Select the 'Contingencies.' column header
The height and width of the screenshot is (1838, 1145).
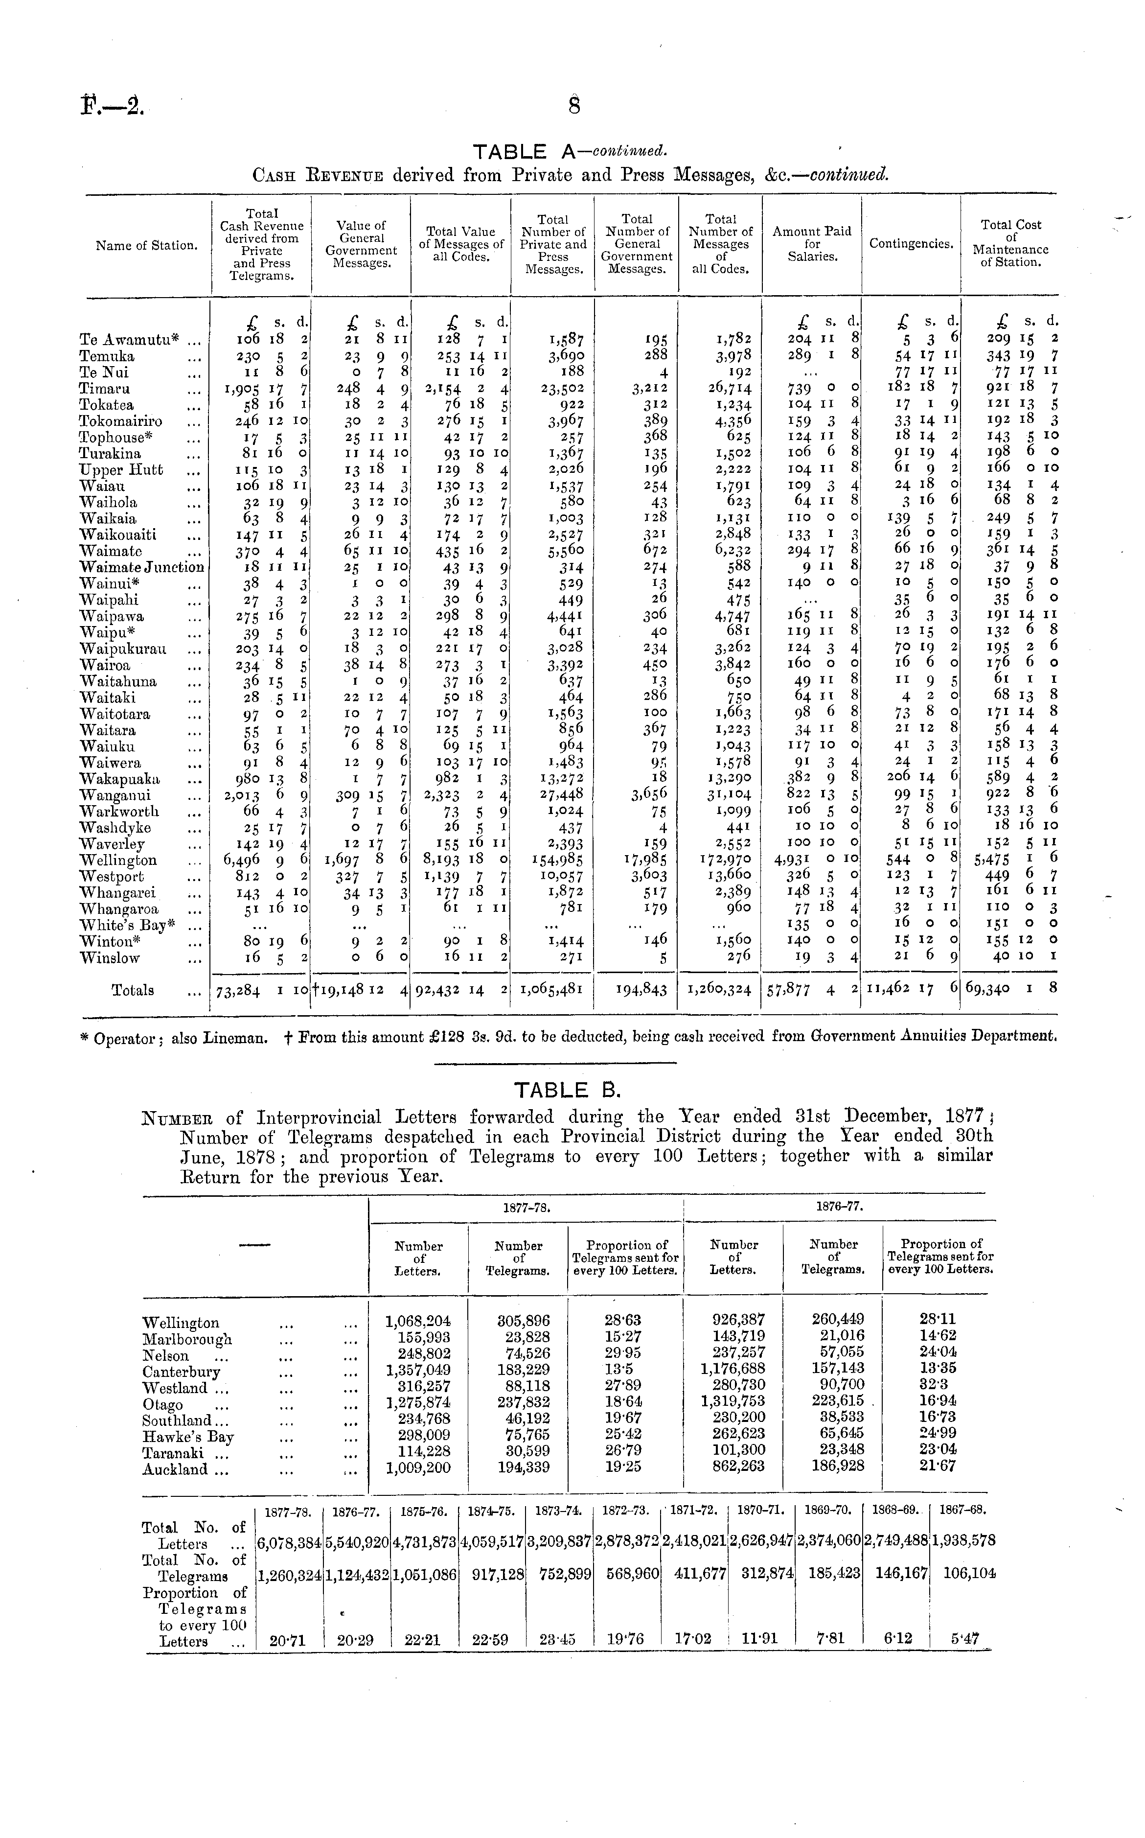[x=910, y=244]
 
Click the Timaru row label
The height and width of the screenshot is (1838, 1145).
[x=105, y=389]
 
